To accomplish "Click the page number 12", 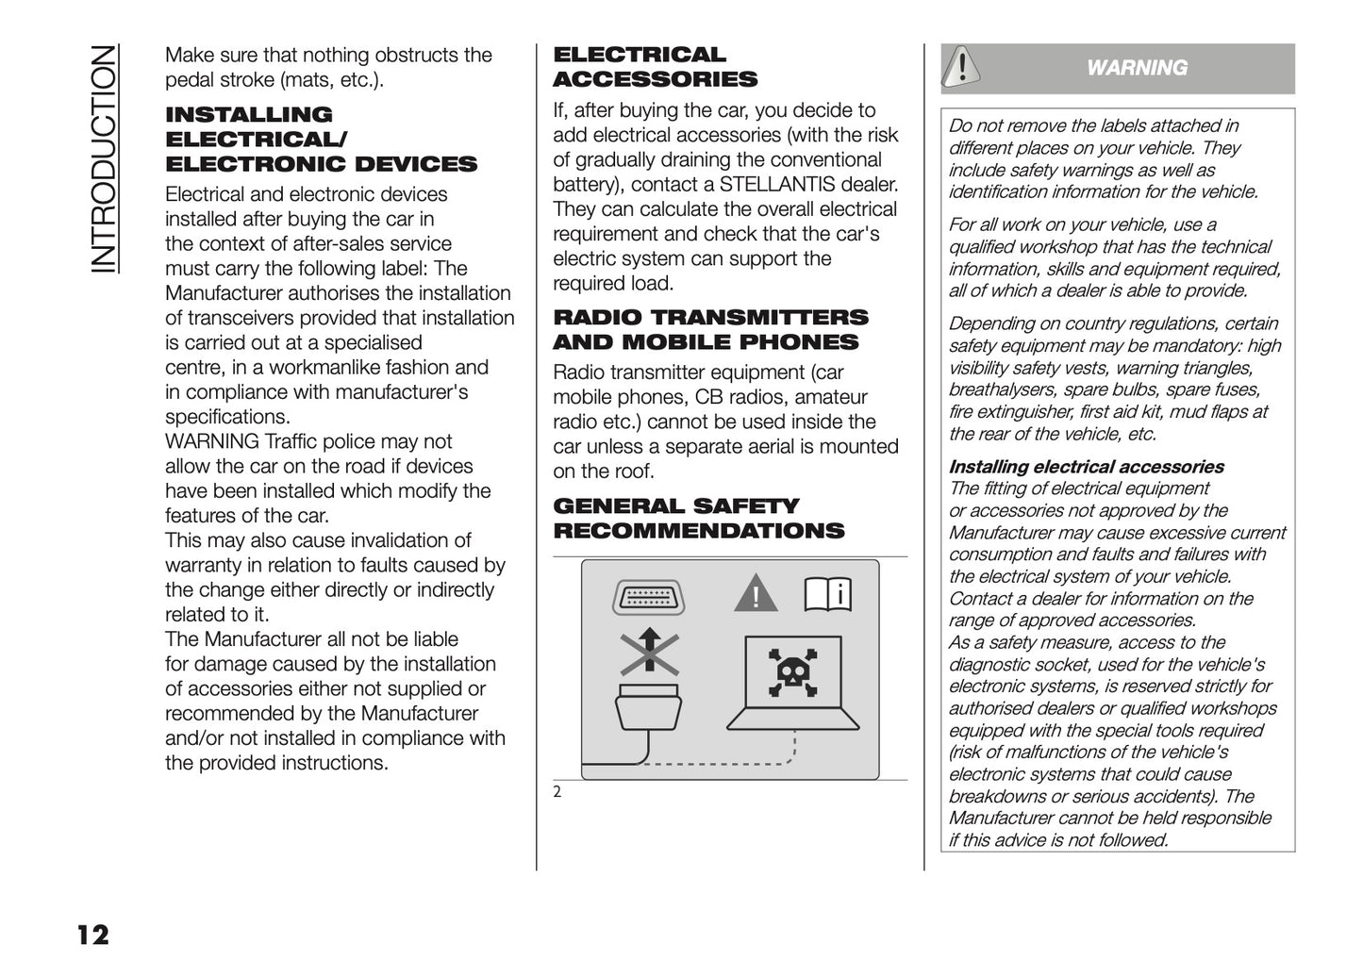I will (92, 935).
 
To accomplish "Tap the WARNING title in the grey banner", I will (1137, 68).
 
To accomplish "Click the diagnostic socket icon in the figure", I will (649, 597).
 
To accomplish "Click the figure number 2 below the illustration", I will (557, 792).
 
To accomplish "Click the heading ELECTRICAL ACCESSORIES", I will (655, 67).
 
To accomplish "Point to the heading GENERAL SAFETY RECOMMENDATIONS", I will (698, 519).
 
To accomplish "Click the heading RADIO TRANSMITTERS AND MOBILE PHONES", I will (710, 330).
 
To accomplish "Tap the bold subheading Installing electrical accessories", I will (1086, 467).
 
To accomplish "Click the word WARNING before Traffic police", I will (212, 441).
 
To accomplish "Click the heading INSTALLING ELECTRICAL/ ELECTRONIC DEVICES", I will (321, 140).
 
